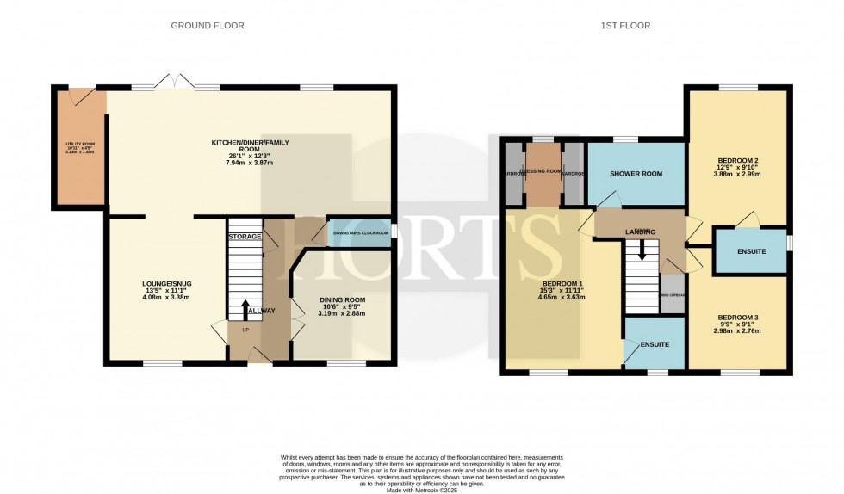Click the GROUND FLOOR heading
208,26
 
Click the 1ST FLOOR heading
625,26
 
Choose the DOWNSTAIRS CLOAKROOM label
360,232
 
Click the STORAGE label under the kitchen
244,236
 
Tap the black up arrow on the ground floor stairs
245,309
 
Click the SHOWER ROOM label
636,174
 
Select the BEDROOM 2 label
737,161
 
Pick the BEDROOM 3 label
737,318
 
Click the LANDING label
640,232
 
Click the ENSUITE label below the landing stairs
655,343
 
